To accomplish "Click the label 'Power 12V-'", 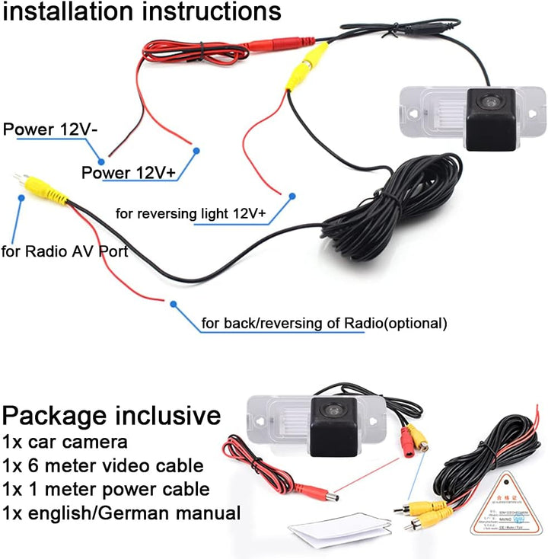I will point(50,129).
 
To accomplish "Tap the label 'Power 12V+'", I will point(129,173).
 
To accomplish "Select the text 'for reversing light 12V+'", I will point(190,214).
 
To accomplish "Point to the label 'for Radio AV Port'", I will point(65,251).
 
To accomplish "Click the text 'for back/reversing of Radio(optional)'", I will point(323,323).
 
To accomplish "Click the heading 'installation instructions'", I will point(141,12).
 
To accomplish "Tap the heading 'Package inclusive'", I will point(111,416).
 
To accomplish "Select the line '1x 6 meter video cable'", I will point(103,465).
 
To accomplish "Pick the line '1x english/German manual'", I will point(121,513).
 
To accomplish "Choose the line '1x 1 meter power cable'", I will point(105,488).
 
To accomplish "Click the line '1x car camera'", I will point(65,441).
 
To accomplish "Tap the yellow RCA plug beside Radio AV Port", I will point(46,190).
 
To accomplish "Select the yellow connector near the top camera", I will point(313,62).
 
